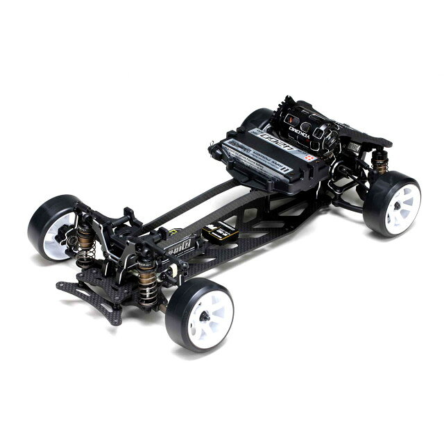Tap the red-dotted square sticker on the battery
[309, 157]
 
